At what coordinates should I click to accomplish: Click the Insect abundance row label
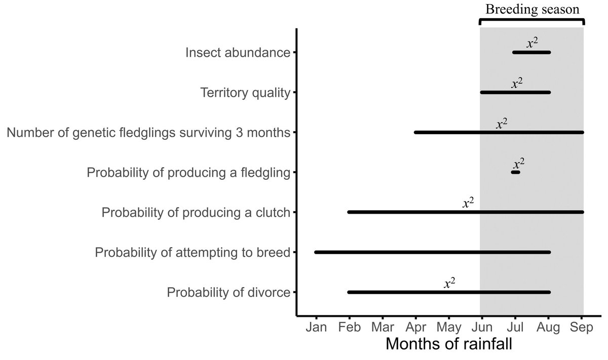point(238,53)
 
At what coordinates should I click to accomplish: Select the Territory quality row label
point(245,93)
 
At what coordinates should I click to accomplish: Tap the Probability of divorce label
point(229,293)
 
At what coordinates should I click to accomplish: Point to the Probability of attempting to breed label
point(192,252)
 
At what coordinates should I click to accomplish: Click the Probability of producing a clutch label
point(196,213)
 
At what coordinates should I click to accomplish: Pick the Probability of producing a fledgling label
point(188,173)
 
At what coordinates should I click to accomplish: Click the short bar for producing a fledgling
point(516,173)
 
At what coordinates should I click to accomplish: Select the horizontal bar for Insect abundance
point(531,52)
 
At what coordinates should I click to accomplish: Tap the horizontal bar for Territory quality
point(515,92)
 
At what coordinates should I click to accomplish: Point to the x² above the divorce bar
point(449,283)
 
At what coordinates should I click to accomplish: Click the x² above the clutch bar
point(468,203)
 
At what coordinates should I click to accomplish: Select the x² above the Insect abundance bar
point(532,43)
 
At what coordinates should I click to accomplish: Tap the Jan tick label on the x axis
point(316,327)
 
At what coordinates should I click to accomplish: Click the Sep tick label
point(583,327)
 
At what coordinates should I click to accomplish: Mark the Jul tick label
point(515,327)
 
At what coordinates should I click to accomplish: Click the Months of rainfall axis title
point(448,345)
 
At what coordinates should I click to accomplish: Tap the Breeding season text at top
point(531,9)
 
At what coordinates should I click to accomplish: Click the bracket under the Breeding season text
point(531,20)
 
